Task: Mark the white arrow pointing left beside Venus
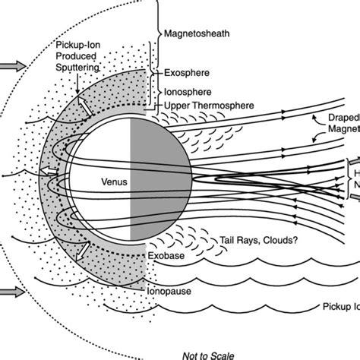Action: (x=49, y=169)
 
